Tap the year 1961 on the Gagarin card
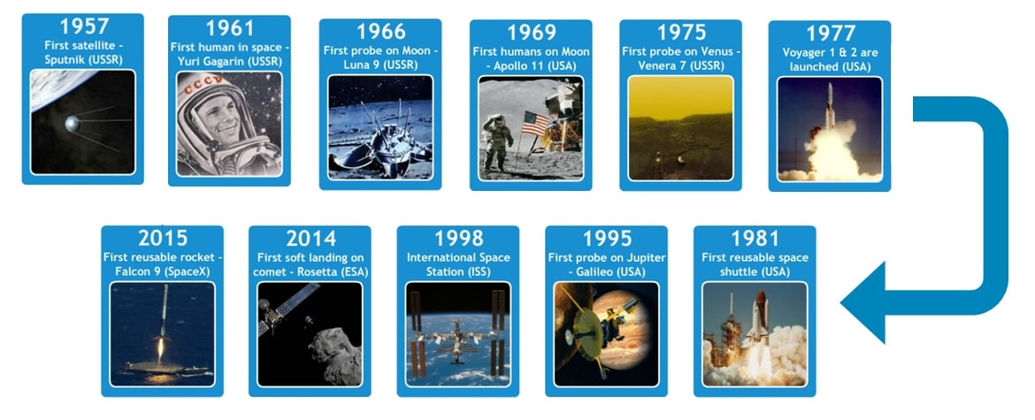point(229,28)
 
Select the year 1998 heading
point(458,238)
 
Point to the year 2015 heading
point(163,238)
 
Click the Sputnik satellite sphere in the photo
point(71,122)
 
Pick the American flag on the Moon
point(534,122)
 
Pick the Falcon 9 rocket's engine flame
point(161,349)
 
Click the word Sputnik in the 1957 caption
point(63,58)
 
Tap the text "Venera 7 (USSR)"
point(680,66)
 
